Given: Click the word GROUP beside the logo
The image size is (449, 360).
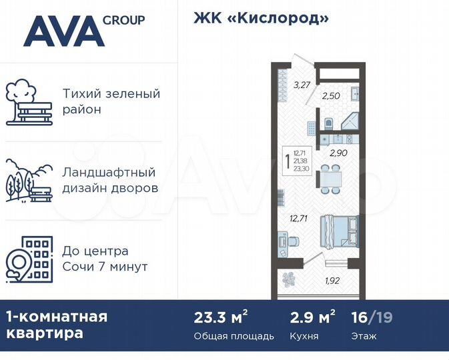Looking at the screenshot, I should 123,20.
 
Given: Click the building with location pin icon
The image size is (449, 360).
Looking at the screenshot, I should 28,258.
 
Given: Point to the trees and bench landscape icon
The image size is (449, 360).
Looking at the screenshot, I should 28,181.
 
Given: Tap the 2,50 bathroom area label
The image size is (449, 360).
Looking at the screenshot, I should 331,96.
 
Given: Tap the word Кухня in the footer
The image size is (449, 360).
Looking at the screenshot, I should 305,336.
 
